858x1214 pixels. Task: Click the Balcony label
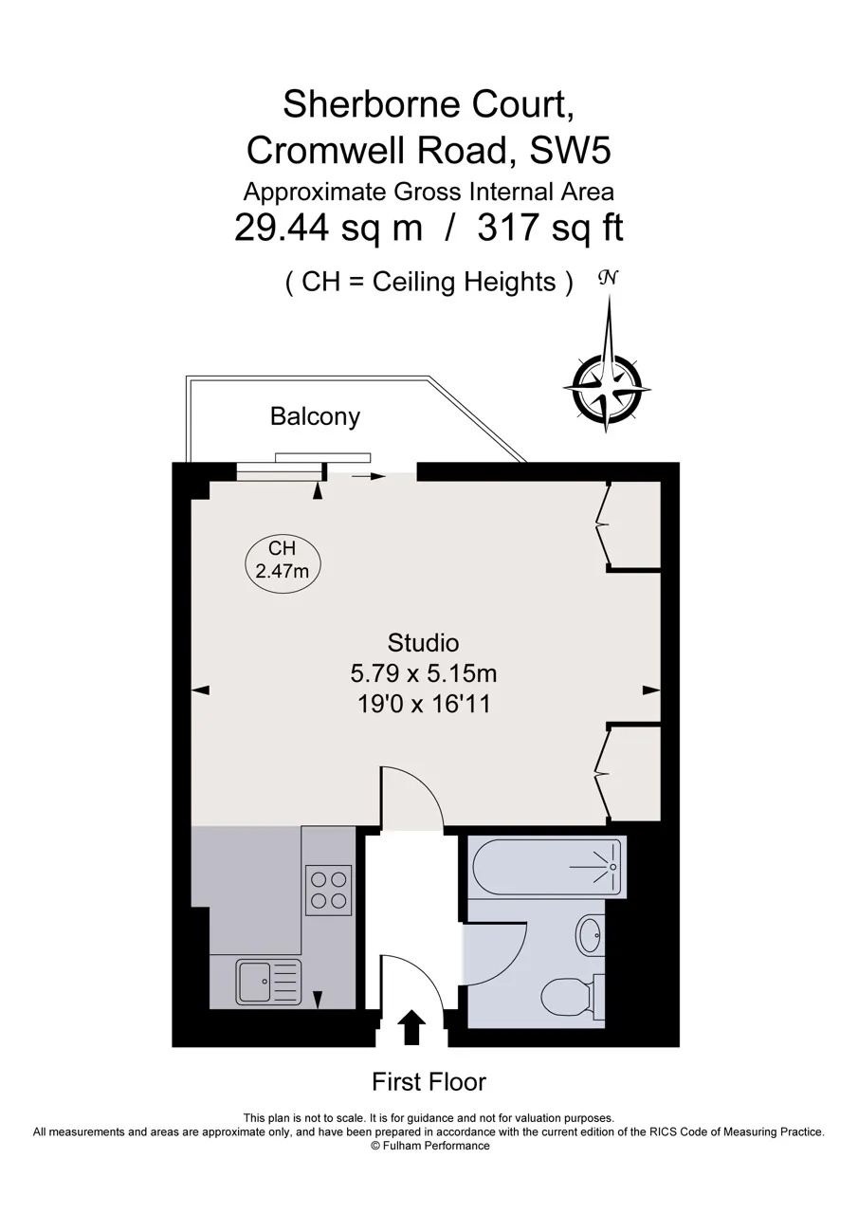click(315, 416)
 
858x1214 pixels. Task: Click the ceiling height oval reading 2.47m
click(283, 560)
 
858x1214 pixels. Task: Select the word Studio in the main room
click(423, 643)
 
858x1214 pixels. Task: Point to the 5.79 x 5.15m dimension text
click(423, 673)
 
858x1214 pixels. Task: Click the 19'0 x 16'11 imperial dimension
click(424, 704)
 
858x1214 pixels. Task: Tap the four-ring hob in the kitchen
click(328, 890)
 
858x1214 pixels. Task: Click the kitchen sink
click(268, 982)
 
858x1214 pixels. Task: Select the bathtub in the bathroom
click(547, 866)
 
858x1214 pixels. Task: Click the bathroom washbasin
click(590, 935)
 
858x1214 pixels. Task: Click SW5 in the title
click(570, 150)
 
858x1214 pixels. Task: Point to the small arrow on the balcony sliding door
click(369, 477)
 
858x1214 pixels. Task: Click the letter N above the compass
click(607, 278)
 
